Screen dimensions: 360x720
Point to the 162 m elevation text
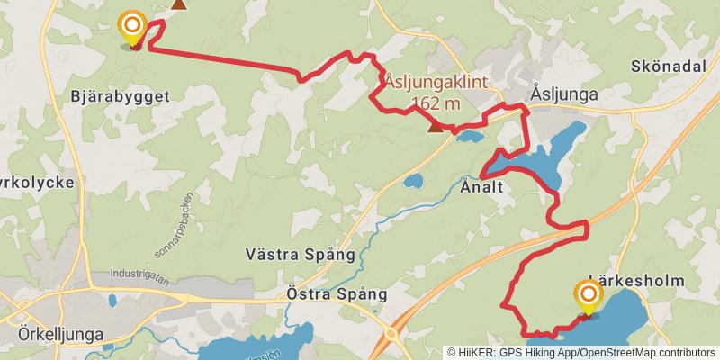pos(438,103)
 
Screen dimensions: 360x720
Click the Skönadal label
pos(670,67)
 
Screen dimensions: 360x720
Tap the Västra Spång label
pos(301,254)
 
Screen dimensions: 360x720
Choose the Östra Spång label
pos(336,294)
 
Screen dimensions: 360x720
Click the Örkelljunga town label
pos(60,333)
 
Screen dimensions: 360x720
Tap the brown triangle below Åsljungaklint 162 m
pos(436,127)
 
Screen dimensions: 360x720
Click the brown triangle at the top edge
pos(180,4)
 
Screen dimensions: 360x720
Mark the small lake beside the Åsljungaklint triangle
pos(468,138)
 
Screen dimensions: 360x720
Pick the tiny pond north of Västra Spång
pos(413,182)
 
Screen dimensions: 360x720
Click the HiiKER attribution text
pos(581,353)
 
